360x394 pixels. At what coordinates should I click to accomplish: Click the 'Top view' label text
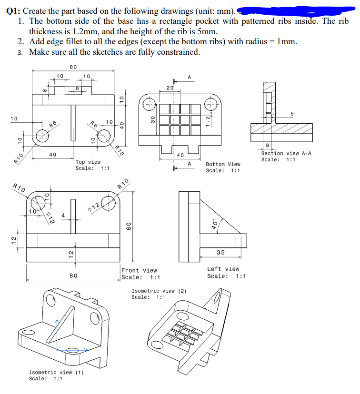[88, 162]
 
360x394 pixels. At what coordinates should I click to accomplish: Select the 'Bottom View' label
[223, 164]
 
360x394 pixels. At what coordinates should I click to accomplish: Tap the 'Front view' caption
[139, 270]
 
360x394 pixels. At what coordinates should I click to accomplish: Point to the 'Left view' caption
[223, 269]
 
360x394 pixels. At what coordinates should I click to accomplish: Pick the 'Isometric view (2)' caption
[159, 291]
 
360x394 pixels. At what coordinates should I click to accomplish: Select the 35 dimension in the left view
[221, 252]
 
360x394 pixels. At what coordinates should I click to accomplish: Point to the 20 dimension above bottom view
[170, 87]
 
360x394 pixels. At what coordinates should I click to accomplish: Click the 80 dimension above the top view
[73, 67]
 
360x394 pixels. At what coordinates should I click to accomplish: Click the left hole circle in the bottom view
[149, 104]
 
